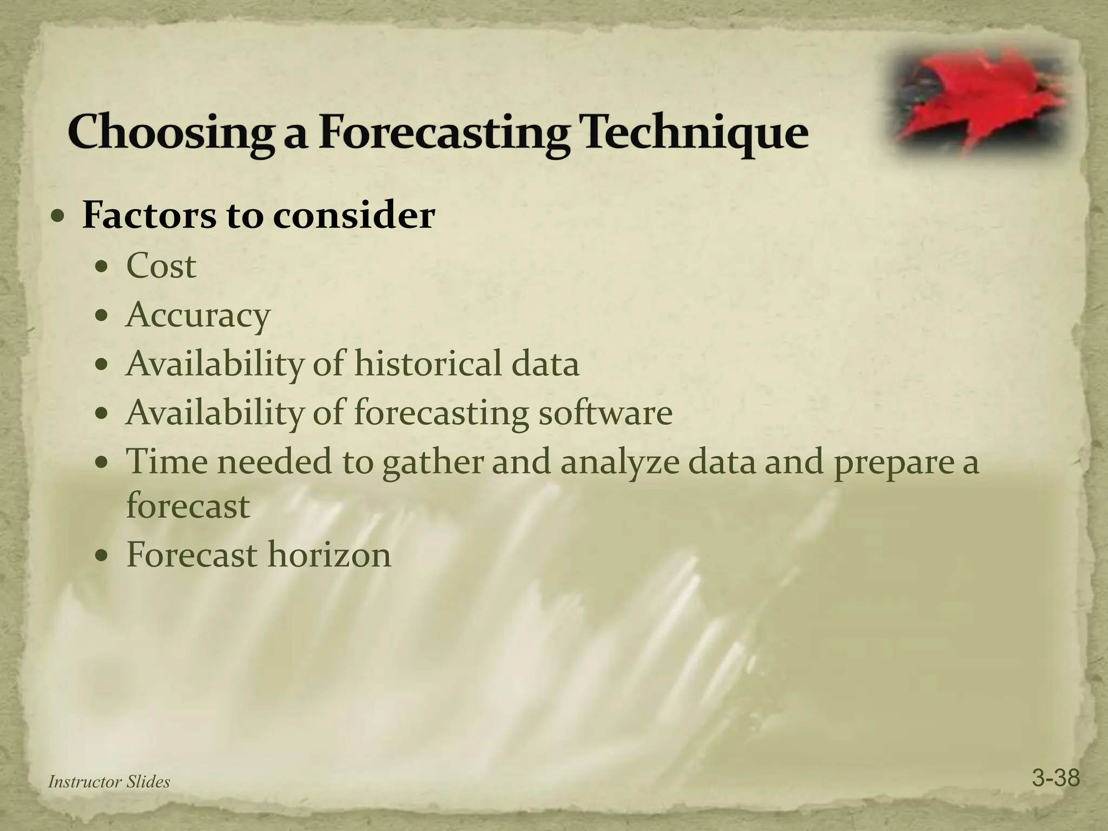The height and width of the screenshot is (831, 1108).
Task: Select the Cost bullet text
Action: pos(161,266)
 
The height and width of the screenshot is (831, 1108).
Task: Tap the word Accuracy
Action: pos(197,315)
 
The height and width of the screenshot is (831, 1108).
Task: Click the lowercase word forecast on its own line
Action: pos(188,506)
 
